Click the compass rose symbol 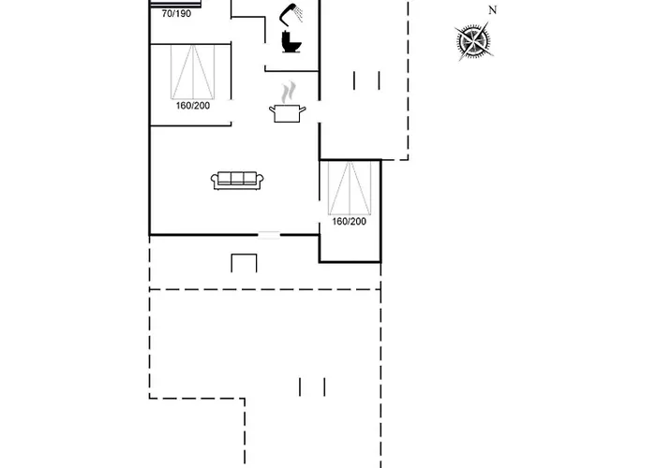point(474,41)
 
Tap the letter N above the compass point(492,10)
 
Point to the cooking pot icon point(287,113)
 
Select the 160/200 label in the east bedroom point(348,222)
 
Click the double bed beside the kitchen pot point(199,71)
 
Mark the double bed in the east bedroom point(350,187)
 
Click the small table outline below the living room point(244,263)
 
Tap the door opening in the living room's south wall point(269,235)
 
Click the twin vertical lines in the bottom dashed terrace point(312,387)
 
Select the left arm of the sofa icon point(216,181)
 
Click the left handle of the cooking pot point(273,110)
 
